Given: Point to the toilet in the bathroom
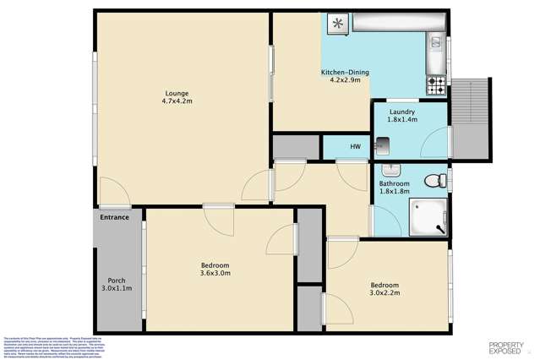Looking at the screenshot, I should (x=434, y=179).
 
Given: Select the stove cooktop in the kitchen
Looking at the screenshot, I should (x=436, y=85).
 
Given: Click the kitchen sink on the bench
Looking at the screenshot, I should (x=437, y=41).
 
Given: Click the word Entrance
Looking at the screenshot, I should (x=114, y=218).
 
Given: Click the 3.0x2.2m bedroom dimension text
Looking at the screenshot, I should (x=385, y=294).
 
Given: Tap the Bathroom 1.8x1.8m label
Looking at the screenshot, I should (x=394, y=188).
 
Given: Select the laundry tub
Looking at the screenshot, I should (x=384, y=148).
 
